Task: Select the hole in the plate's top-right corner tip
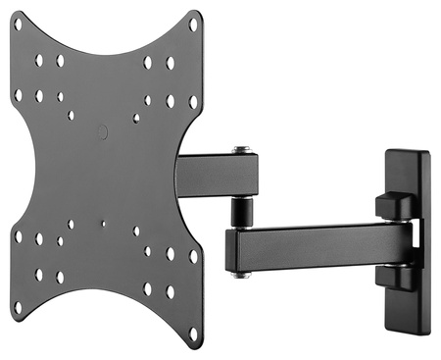pyautogui.click(x=193, y=25)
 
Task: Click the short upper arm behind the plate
pyautogui.click(x=218, y=176)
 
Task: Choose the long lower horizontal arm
pyautogui.click(x=314, y=246)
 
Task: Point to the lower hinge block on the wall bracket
pyautogui.click(x=391, y=278)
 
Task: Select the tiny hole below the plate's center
pyautogui.click(x=103, y=223)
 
